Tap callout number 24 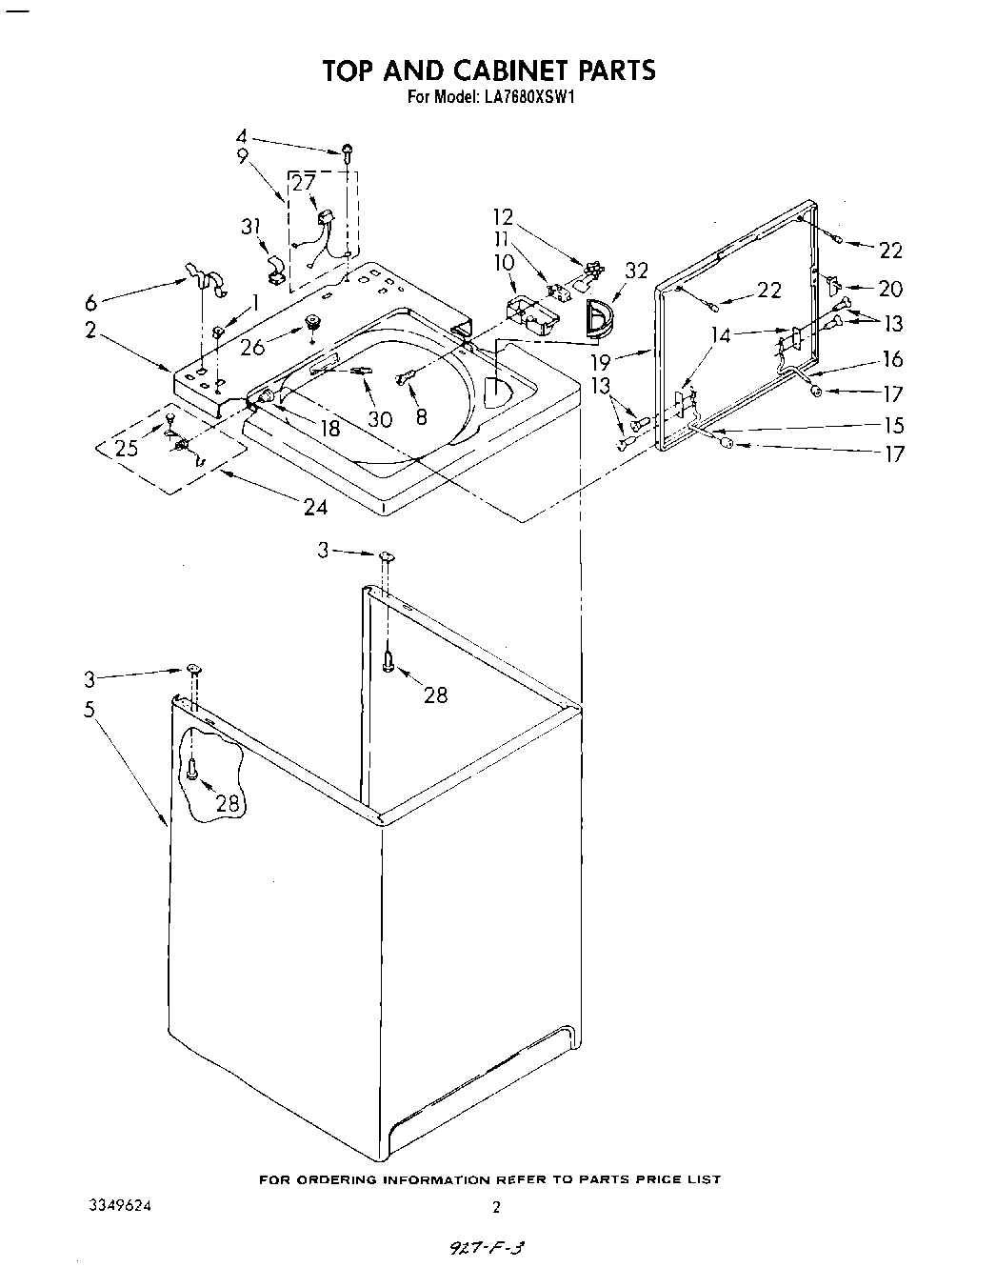pyautogui.click(x=315, y=507)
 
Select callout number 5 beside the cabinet pyautogui.click(x=89, y=710)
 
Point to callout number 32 pyautogui.click(x=635, y=271)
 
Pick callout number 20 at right pyautogui.click(x=890, y=288)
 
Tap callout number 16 pyautogui.click(x=892, y=359)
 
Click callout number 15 pyautogui.click(x=892, y=425)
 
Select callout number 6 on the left pyautogui.click(x=90, y=302)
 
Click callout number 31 pyautogui.click(x=250, y=226)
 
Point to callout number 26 pyautogui.click(x=252, y=348)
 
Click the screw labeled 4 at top pyautogui.click(x=348, y=150)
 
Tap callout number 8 pyautogui.click(x=422, y=415)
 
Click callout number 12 pyautogui.click(x=503, y=216)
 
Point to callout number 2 pyautogui.click(x=90, y=330)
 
